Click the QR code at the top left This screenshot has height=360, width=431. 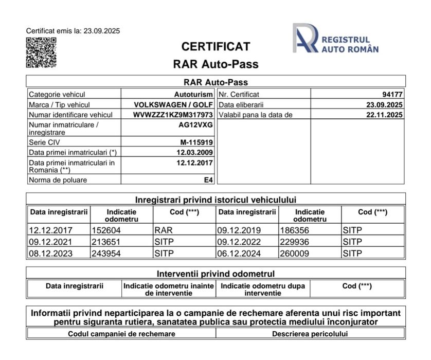(x=41, y=52)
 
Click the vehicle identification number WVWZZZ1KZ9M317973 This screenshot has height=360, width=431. (x=173, y=115)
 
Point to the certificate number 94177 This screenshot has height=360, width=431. (x=392, y=95)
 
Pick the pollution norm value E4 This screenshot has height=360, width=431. (x=208, y=180)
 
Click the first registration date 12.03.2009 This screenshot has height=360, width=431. (x=194, y=152)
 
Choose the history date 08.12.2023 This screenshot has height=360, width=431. (x=51, y=253)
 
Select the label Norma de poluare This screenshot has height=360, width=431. (x=58, y=180)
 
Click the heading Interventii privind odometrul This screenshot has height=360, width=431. (x=215, y=274)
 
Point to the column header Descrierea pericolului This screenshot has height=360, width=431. (x=310, y=334)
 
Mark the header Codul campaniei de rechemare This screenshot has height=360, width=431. (x=121, y=334)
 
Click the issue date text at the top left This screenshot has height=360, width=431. (x=73, y=31)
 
